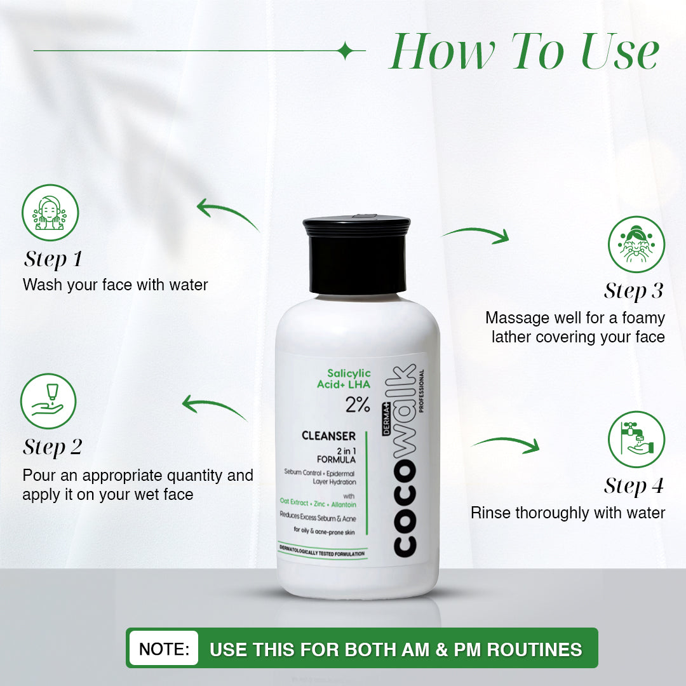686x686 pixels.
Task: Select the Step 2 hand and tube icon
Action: pyautogui.click(x=48, y=401)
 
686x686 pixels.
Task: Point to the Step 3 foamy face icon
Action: pyautogui.click(x=636, y=244)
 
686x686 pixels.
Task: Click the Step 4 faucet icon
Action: pyautogui.click(x=636, y=440)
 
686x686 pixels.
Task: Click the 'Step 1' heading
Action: pyautogui.click(x=53, y=259)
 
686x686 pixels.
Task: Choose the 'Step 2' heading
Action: pyautogui.click(x=53, y=447)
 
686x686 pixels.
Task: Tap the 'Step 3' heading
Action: pyautogui.click(x=633, y=291)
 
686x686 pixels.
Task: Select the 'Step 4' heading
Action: pyautogui.click(x=633, y=487)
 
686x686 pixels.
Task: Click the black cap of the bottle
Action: pyautogui.click(x=356, y=255)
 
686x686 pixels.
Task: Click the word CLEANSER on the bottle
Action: pyautogui.click(x=328, y=436)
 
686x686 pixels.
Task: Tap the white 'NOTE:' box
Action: pyautogui.click(x=164, y=649)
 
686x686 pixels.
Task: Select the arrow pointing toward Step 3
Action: pyautogui.click(x=476, y=235)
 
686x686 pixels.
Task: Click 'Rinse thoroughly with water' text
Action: pyautogui.click(x=567, y=513)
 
